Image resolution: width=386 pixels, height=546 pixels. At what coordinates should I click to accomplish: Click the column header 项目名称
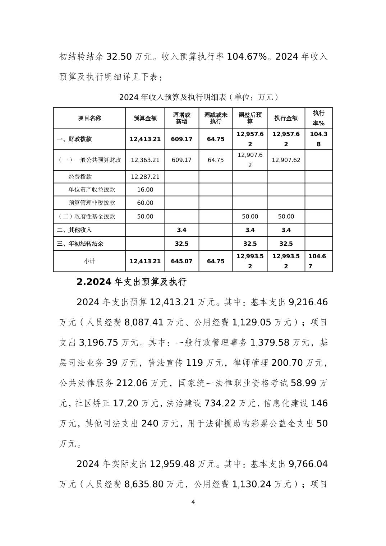[89, 118]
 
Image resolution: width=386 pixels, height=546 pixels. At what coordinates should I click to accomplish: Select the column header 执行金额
[286, 118]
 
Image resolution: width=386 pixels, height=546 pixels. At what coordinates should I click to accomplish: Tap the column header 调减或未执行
[216, 118]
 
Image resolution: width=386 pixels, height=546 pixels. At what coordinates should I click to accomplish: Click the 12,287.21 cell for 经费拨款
[145, 177]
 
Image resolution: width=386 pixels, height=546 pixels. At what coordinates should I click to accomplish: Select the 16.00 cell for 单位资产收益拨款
[145, 190]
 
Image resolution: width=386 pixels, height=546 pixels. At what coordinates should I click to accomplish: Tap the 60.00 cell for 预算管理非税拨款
[145, 203]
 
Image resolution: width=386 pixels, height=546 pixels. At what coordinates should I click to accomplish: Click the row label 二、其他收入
[74, 230]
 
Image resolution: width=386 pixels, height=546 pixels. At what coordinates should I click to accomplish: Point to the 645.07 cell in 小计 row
[182, 261]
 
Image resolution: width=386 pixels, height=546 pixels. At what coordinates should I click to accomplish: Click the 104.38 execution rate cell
[318, 139]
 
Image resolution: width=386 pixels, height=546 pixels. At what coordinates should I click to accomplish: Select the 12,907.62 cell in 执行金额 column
[286, 160]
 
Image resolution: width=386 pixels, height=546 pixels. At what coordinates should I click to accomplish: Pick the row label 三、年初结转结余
[80, 244]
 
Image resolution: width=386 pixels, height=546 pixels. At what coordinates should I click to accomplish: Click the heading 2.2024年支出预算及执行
[132, 282]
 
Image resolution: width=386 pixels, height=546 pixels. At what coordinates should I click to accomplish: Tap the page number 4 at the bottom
[193, 502]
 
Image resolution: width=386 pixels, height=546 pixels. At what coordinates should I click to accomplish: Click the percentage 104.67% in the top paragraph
[247, 57]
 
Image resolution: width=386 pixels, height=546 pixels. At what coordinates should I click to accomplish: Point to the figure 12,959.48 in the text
[172, 464]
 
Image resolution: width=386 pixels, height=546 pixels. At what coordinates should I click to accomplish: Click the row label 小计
[89, 261]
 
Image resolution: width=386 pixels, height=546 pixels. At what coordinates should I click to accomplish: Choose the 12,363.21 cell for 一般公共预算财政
[145, 160]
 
